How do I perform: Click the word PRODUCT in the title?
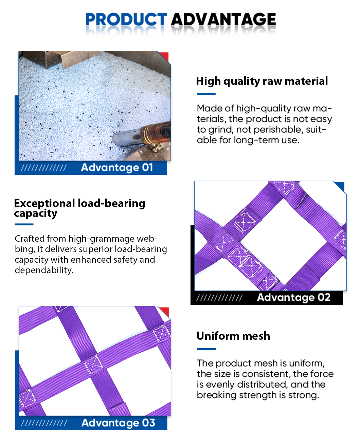[x=126, y=19]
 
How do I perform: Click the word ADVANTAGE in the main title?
[x=223, y=19]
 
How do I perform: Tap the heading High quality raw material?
[x=262, y=81]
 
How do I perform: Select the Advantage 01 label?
[x=117, y=168]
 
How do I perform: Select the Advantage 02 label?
[x=293, y=298]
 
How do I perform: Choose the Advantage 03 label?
[x=118, y=423]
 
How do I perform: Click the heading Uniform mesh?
[x=233, y=336]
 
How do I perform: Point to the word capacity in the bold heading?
[x=36, y=213]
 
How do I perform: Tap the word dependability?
[x=44, y=270]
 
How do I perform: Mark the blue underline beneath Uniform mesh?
[x=206, y=349]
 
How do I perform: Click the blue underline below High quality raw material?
[x=206, y=94]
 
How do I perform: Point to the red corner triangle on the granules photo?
[x=165, y=56]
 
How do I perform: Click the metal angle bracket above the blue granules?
[x=60, y=59]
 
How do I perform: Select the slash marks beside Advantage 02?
[x=219, y=298]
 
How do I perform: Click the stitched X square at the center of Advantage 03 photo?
[x=93, y=364]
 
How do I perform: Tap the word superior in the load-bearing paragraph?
[x=96, y=249]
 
